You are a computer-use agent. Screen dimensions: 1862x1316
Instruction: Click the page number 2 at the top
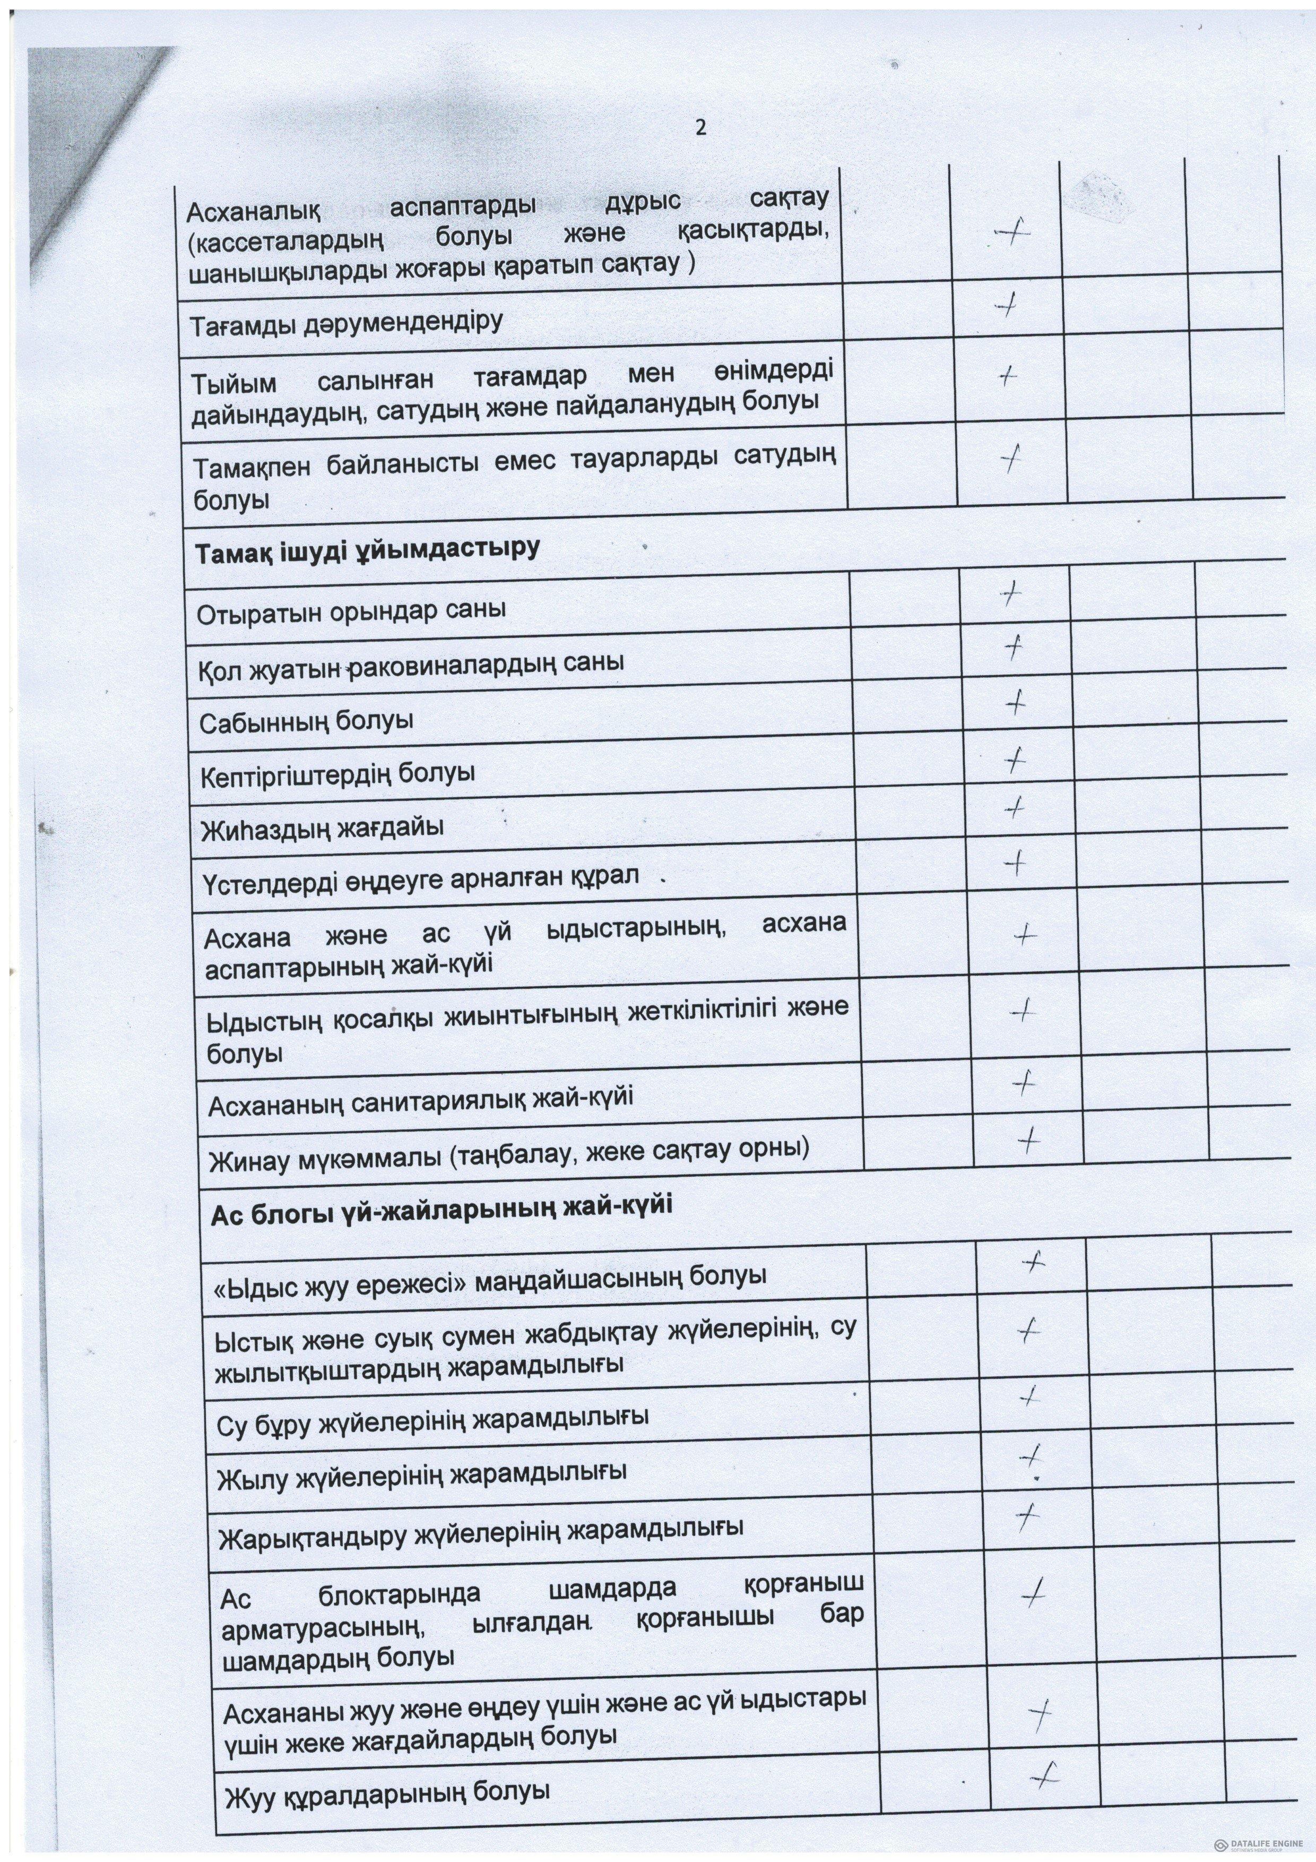700,127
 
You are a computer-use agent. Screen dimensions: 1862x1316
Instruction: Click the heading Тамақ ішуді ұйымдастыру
367,550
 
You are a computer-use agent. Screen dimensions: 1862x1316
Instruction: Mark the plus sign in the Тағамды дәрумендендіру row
1006,305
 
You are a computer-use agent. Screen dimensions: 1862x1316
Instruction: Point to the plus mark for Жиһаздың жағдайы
1015,808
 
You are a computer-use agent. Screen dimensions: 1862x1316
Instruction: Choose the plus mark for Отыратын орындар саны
1010,597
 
